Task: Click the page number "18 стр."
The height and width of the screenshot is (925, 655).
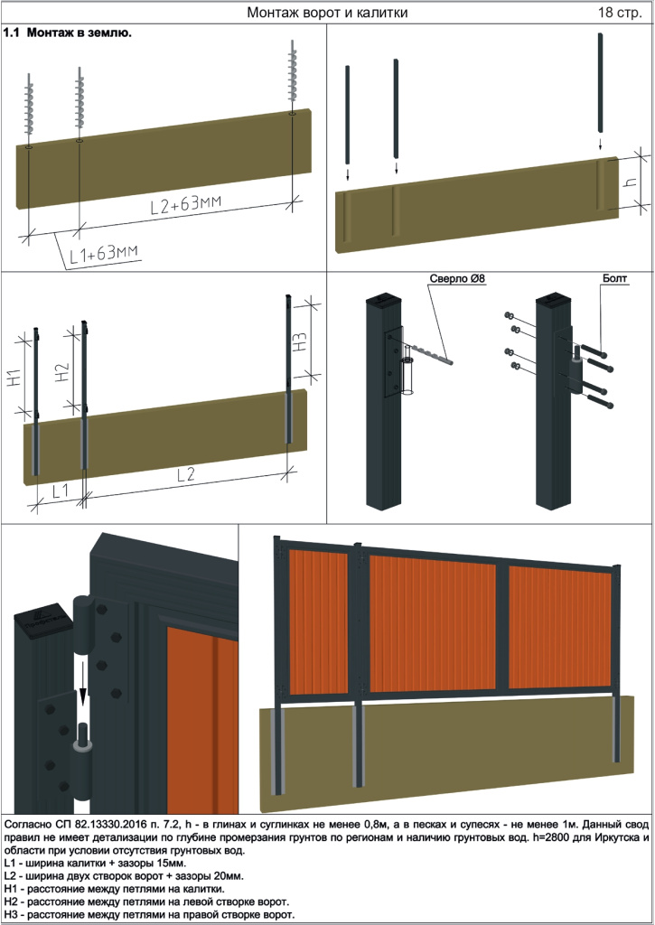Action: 620,13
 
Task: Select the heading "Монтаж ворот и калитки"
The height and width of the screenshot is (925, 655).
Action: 327,13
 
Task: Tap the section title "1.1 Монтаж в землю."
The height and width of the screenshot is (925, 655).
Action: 68,33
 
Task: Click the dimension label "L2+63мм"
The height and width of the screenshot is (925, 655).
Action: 186,204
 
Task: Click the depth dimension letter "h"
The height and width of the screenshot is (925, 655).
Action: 631,182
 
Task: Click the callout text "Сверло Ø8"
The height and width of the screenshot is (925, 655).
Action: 457,279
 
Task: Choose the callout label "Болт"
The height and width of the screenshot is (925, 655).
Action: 615,279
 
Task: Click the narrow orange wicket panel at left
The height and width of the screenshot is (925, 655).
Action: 319,622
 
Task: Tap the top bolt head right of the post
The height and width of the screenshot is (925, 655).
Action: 594,350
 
